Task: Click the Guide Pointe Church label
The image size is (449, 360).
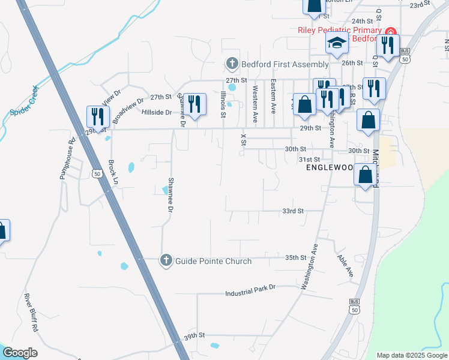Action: click(213, 260)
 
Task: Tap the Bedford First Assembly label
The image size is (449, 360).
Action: click(285, 64)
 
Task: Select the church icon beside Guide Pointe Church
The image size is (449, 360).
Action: click(166, 260)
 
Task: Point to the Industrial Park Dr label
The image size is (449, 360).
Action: click(250, 293)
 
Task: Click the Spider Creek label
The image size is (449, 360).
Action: click(24, 103)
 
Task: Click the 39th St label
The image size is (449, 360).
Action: click(194, 336)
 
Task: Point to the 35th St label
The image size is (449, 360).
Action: click(295, 257)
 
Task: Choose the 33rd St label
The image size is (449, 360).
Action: click(294, 211)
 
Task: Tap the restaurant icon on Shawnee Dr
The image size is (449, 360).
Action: click(194, 104)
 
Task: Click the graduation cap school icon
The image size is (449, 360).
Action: click(337, 43)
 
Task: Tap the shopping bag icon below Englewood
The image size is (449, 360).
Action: click(365, 175)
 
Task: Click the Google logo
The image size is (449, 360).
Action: click(20, 353)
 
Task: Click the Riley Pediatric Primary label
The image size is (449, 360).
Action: click(339, 31)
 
